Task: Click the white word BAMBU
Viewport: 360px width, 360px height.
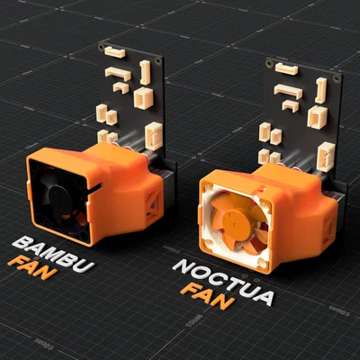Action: click(x=53, y=254)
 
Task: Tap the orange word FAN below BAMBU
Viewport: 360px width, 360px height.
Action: click(x=32, y=267)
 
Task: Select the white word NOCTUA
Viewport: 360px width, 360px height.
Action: click(x=223, y=282)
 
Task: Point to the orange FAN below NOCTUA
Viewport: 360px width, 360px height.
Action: click(x=208, y=296)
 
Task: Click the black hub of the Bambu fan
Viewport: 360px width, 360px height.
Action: click(x=61, y=199)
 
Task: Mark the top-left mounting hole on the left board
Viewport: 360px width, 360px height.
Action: click(x=101, y=47)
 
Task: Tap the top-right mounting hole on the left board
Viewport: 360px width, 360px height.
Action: click(x=157, y=61)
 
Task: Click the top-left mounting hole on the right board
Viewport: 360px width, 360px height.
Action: click(x=269, y=64)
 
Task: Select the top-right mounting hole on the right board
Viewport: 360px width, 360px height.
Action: click(x=337, y=79)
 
